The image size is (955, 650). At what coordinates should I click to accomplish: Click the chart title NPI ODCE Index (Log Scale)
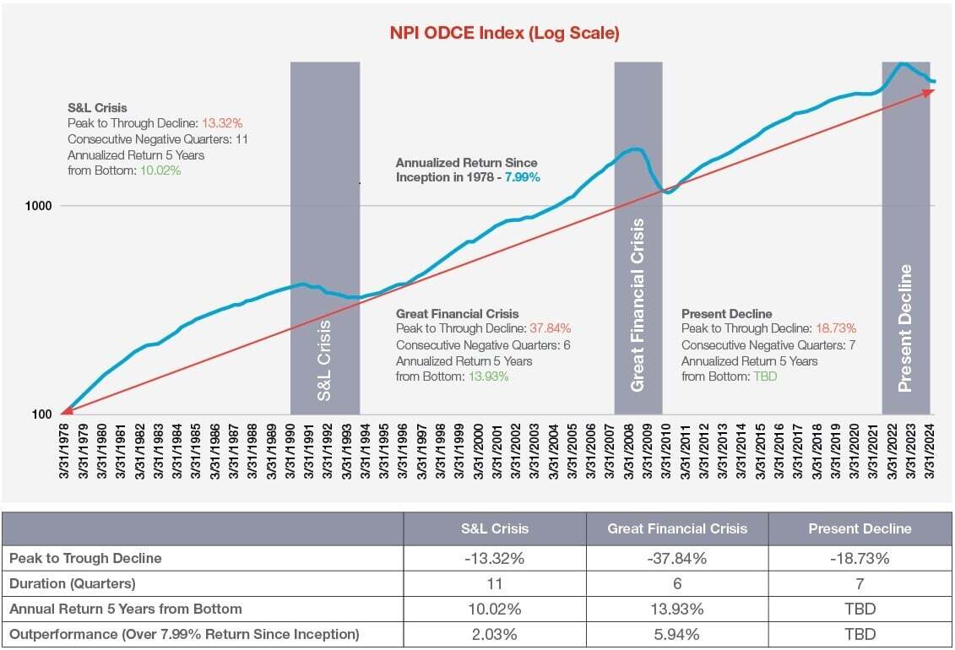504,34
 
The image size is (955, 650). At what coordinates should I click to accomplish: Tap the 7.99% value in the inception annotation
523,177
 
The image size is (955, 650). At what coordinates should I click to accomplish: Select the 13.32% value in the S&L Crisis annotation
221,123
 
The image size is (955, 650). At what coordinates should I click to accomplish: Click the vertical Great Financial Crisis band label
638,305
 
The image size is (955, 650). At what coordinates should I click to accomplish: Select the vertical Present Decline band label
905,328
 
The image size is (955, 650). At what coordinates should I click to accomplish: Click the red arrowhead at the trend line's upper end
929,91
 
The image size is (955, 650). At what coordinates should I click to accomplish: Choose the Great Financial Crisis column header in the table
677,528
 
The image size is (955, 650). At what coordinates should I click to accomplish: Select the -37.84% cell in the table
677,557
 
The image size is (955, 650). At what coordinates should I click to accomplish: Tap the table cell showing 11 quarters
494,582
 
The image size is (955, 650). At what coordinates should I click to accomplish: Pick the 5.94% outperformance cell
677,634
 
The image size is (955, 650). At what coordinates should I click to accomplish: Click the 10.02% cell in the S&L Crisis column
494,609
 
